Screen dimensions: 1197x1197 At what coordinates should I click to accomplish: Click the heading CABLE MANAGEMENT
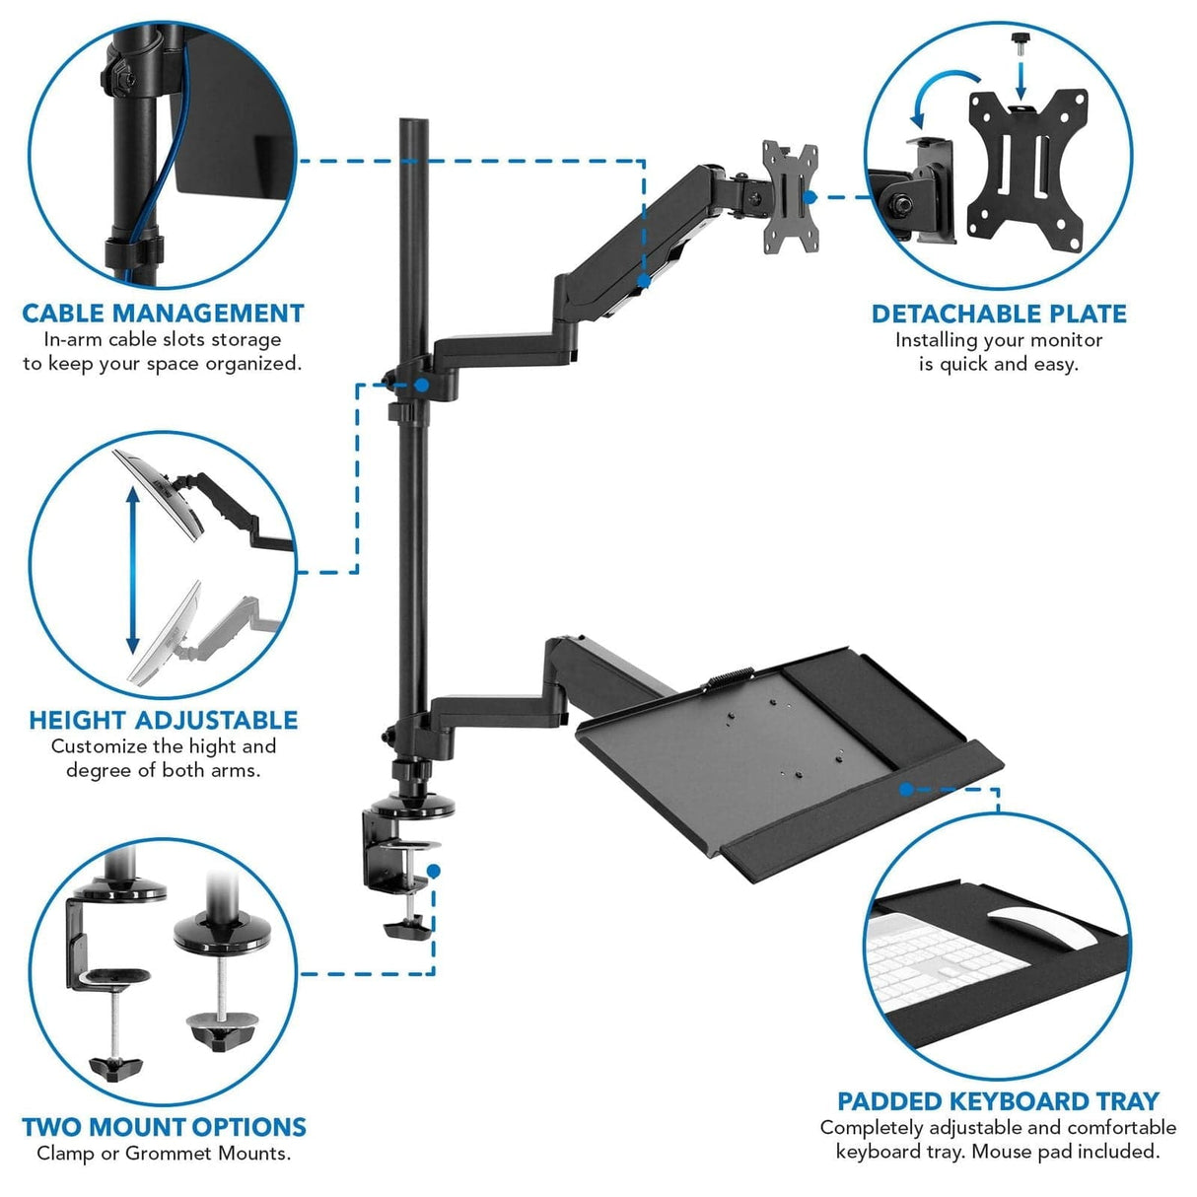tap(163, 314)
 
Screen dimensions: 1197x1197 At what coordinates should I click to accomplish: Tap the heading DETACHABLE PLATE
tap(998, 314)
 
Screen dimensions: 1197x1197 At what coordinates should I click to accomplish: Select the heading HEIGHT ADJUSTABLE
tap(163, 720)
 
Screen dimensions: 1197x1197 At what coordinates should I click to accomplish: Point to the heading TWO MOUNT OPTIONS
tap(164, 1127)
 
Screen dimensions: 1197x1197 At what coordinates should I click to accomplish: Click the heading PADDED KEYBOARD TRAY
tap(998, 1101)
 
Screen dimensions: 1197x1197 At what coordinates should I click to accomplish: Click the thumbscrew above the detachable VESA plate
tap(1020, 45)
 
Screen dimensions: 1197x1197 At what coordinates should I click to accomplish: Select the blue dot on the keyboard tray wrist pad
tap(905, 789)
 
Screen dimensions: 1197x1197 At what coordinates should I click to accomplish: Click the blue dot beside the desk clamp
tap(434, 871)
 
